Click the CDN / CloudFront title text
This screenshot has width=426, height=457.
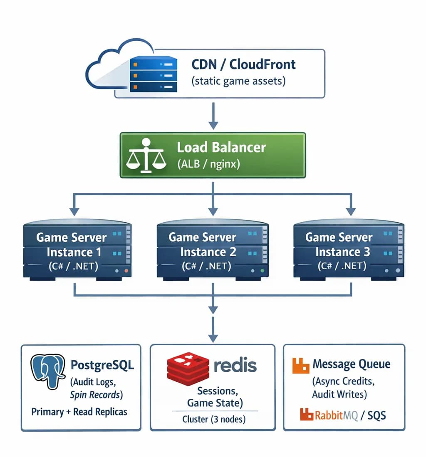tap(243, 64)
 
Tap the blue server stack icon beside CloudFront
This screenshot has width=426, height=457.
tap(154, 75)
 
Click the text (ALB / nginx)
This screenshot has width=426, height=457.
tap(208, 164)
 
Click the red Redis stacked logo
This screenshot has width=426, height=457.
tap(187, 368)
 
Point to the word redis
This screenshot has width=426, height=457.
tap(235, 366)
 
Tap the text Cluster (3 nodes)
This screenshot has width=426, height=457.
tap(214, 420)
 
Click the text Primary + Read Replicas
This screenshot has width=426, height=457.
tap(79, 412)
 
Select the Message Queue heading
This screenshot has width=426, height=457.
tap(352, 364)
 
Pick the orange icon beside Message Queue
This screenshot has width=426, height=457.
tap(301, 365)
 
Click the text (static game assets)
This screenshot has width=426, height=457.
tap(239, 81)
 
